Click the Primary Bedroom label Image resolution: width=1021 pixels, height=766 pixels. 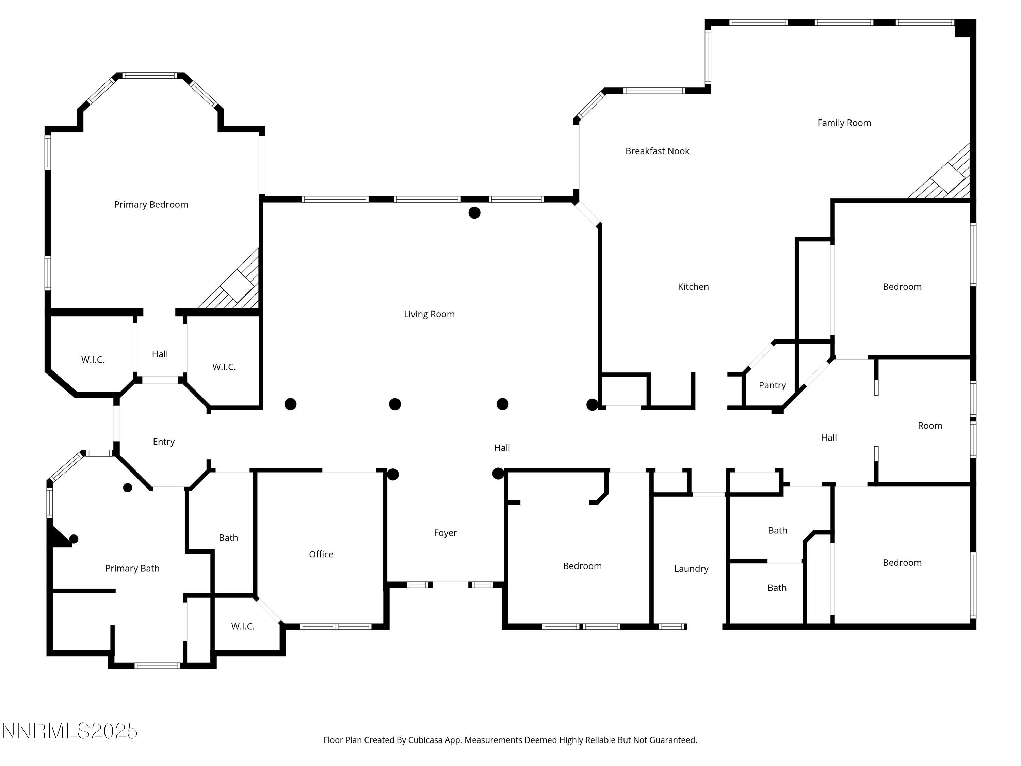pos(151,205)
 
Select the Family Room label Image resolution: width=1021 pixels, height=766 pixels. pos(844,123)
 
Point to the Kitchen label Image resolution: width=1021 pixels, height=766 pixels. pos(693,287)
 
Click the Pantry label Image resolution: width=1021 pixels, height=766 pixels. pos(772,385)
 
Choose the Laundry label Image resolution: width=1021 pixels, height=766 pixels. pos(691,569)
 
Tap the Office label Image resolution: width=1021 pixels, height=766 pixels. pos(321,554)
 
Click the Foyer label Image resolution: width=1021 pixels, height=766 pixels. pos(445,533)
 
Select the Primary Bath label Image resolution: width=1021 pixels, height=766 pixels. pos(132,569)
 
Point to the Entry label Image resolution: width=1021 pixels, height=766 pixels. pos(163,442)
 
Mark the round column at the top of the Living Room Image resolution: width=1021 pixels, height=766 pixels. pos(474,213)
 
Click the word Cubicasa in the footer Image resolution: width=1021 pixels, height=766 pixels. pos(425,740)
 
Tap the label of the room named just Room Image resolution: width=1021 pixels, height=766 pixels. pos(929,426)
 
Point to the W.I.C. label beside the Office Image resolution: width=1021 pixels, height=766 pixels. pos(242,626)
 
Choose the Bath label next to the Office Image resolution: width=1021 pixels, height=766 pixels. pos(228,538)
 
